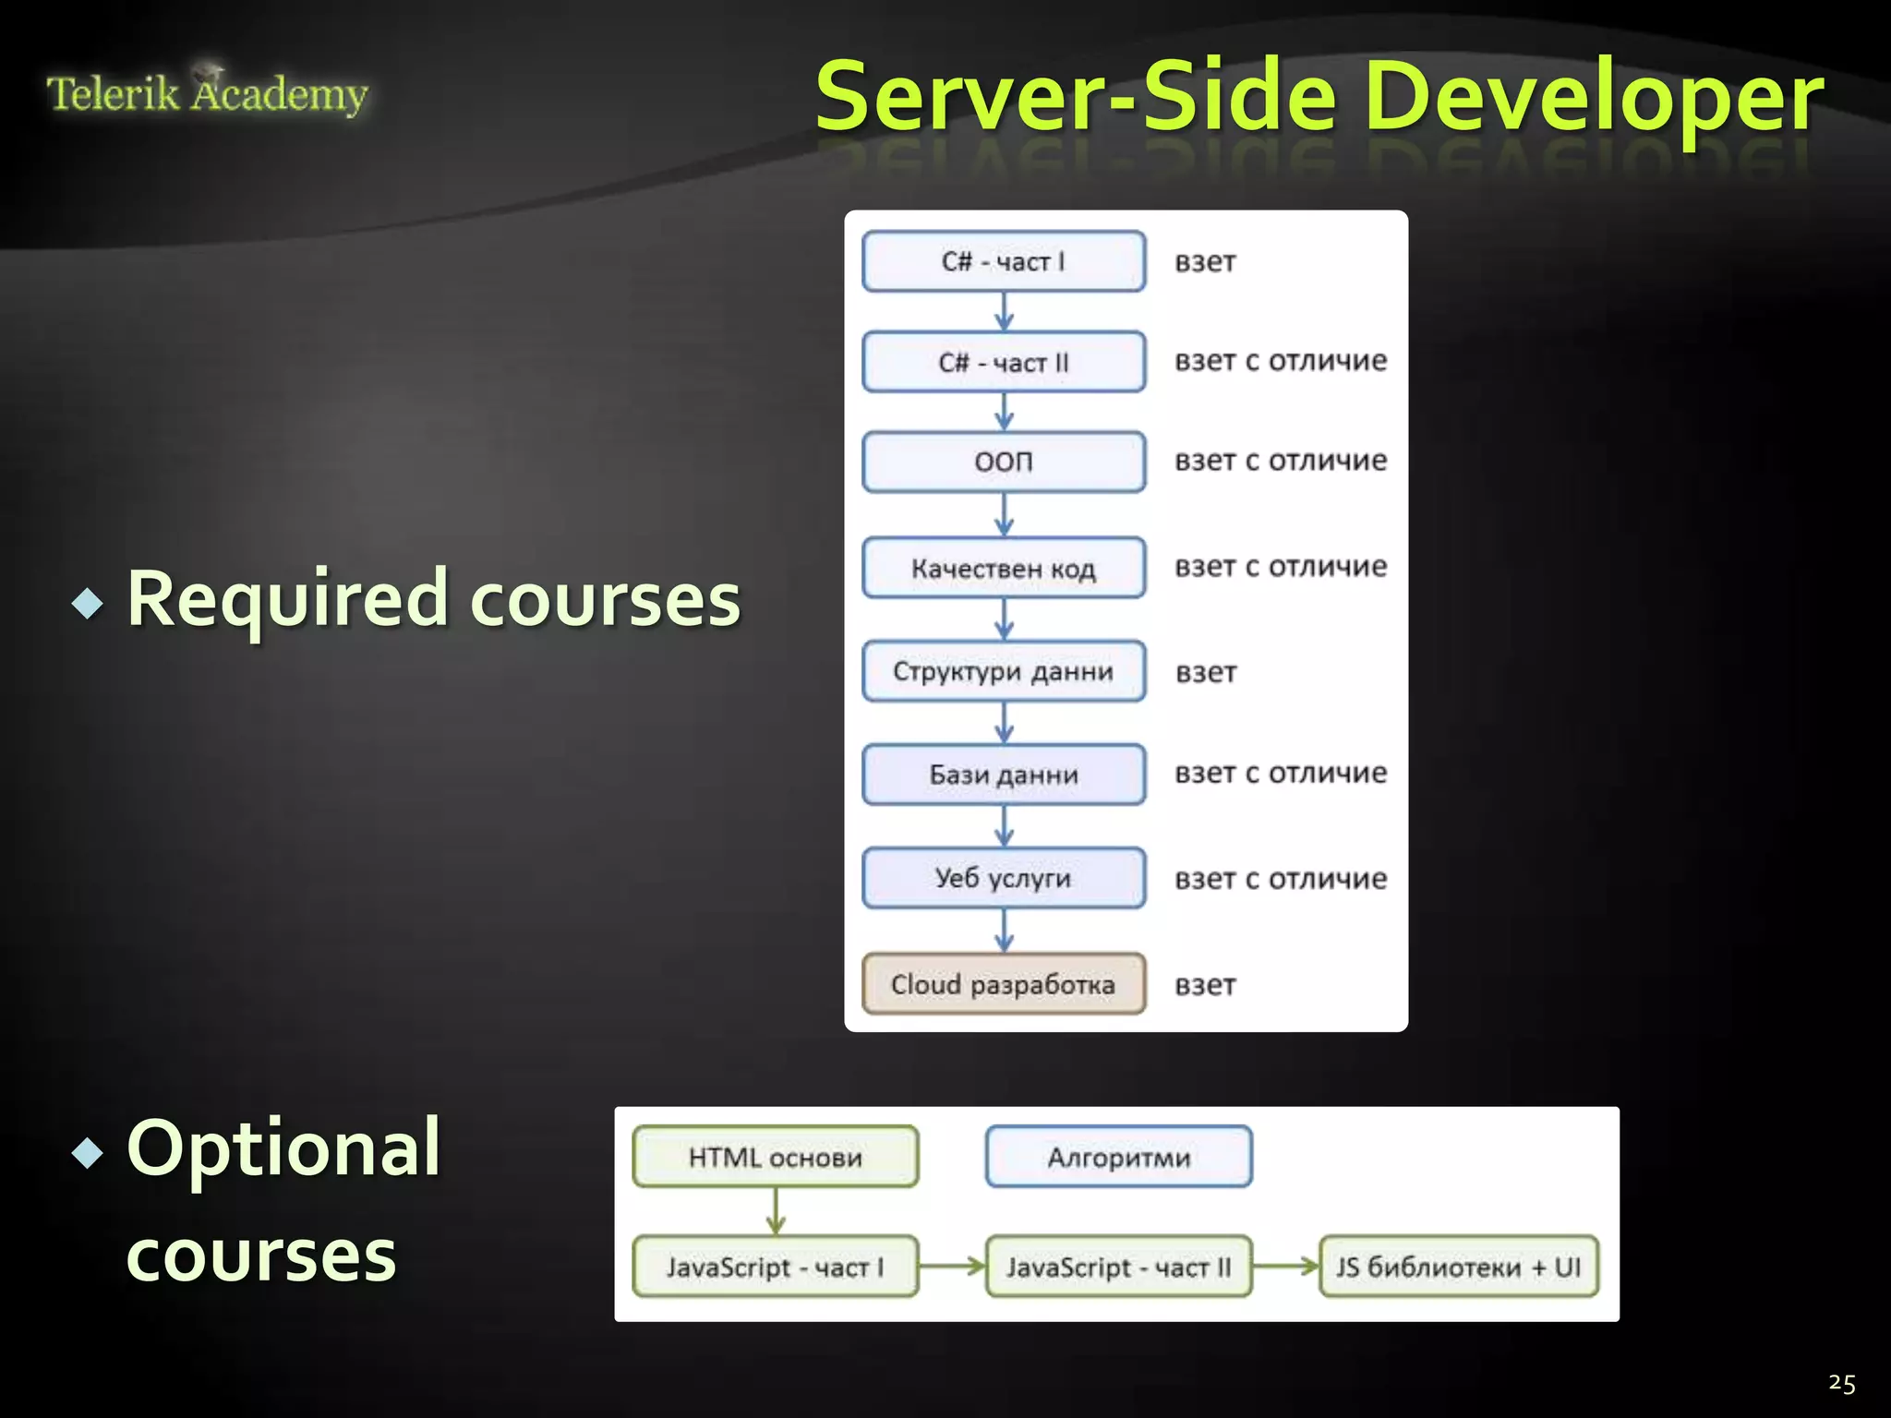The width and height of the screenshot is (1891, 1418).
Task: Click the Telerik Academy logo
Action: (207, 93)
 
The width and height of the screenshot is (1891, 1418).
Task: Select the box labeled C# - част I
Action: (1004, 261)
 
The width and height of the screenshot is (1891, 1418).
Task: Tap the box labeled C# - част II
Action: (1004, 362)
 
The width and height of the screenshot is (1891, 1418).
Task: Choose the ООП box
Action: (1004, 462)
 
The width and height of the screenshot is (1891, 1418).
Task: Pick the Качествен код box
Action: (1004, 568)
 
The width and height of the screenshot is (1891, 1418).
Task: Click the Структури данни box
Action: (1004, 671)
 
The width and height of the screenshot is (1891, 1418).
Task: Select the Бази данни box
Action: (1004, 775)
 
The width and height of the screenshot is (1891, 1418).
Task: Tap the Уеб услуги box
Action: (1004, 878)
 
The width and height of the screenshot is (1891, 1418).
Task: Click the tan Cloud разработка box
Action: (1004, 984)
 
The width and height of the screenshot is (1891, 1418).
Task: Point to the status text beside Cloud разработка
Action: (1205, 985)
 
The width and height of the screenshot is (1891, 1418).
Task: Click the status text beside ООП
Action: (1281, 460)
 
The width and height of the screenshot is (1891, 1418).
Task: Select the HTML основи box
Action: (776, 1157)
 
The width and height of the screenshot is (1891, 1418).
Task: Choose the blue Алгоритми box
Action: (1119, 1157)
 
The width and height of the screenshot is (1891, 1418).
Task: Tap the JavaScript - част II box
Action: (1119, 1267)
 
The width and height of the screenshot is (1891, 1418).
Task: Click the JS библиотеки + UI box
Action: (1459, 1267)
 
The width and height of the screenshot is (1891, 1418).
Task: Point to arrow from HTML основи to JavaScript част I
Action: (776, 1211)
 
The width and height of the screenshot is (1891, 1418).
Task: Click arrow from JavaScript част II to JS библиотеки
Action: (1286, 1266)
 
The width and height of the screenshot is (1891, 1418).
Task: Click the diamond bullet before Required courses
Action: (88, 604)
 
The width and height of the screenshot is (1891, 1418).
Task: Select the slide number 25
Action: (1841, 1383)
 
